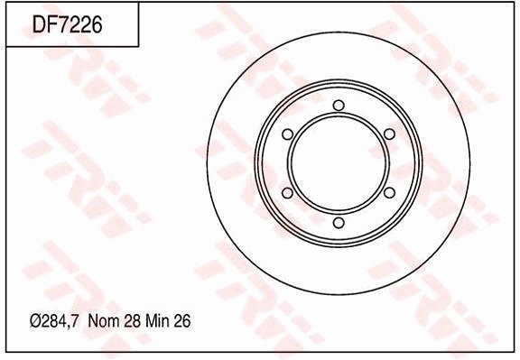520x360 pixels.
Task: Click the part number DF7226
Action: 68,24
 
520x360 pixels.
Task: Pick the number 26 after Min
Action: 185,321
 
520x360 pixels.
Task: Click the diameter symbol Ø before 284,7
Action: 35,321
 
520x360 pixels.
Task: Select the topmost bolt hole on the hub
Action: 339,106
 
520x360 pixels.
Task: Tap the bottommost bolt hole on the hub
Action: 339,222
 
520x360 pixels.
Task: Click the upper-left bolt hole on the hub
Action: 287,134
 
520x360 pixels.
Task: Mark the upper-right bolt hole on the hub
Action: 389,134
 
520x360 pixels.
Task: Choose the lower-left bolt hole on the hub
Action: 287,193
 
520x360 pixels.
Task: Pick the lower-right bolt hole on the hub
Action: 389,193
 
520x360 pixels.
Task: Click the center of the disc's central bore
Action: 339,163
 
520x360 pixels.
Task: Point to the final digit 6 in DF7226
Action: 97,24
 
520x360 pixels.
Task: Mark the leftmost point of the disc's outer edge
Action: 208,163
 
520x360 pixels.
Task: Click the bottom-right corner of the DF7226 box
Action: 138,46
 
